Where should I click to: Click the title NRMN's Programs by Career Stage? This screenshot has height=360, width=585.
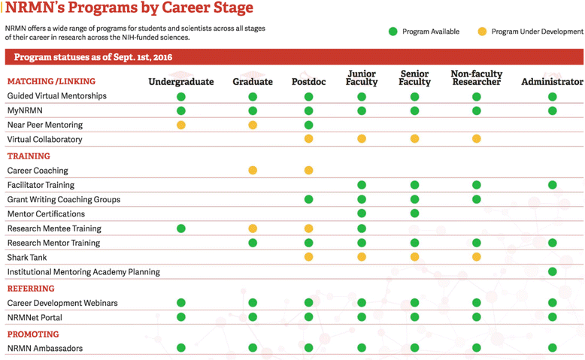coord(129,9)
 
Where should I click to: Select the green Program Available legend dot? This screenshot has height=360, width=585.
coord(393,32)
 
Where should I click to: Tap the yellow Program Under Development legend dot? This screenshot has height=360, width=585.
coord(482,32)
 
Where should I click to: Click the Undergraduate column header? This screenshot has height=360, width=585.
coord(180,81)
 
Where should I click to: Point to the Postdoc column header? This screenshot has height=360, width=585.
coord(308,81)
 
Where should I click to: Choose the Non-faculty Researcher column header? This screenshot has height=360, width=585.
coord(476,77)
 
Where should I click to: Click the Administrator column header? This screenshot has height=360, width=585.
coord(552,81)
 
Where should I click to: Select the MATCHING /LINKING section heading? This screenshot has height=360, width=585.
coord(51,81)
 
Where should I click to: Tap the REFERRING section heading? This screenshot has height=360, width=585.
coord(31,289)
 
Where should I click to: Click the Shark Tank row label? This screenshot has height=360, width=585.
coord(27,258)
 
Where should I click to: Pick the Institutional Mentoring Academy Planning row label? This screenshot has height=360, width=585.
coord(83,272)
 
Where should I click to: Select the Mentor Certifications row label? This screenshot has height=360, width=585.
coord(46,214)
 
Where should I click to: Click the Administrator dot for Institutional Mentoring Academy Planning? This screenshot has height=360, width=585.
coord(553,272)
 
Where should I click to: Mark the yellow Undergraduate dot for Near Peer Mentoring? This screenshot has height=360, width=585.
coord(181,125)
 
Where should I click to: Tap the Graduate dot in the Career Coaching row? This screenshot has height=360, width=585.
coord(253,171)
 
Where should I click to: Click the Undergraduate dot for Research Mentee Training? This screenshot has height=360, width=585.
coord(181,228)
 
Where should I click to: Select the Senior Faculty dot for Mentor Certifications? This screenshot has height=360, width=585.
coord(415,214)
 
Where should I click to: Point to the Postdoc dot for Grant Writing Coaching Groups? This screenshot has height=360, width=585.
coord(308,200)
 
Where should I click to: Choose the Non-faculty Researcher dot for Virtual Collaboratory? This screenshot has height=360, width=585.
coord(476,139)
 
